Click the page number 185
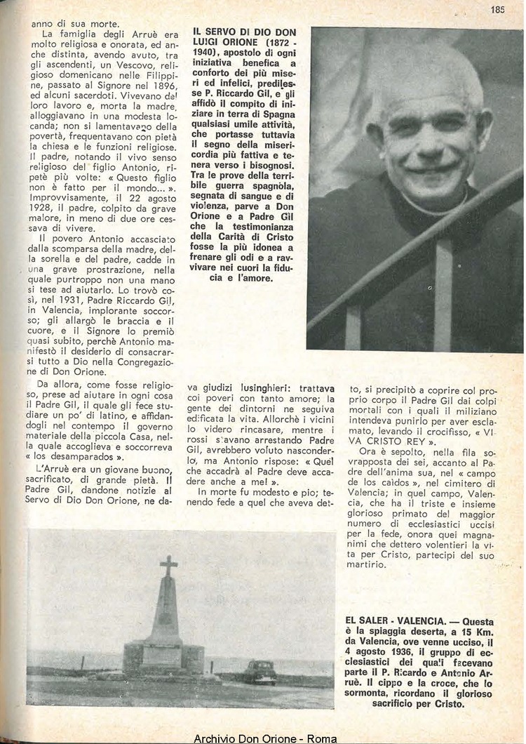tap(498, 10)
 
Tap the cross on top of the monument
tap(168, 566)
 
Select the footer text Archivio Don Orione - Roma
tap(265, 738)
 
